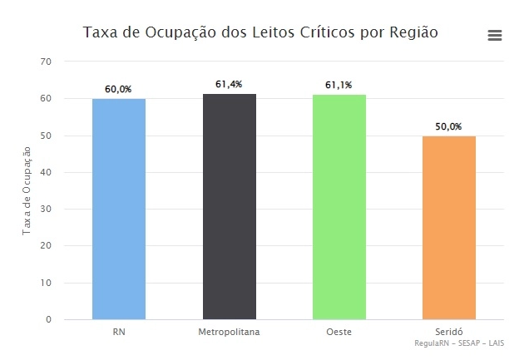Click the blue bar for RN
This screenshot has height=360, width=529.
(119, 209)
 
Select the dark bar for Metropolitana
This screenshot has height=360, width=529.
(230, 206)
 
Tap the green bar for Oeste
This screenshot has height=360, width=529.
(339, 207)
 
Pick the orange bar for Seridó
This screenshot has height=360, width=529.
(449, 227)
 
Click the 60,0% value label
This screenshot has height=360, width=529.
(119, 89)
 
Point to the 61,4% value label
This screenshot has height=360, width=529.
(230, 84)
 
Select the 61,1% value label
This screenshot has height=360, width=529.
(339, 85)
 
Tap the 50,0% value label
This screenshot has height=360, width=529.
(449, 126)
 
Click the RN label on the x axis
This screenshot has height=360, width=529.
(119, 332)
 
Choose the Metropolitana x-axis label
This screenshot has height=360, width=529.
(230, 332)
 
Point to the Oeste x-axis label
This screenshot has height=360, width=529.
(339, 332)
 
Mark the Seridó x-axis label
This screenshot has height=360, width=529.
(449, 332)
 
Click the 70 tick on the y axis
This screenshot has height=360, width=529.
(46, 62)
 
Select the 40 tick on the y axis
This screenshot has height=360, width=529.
(46, 172)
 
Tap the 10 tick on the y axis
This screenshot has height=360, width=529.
(46, 283)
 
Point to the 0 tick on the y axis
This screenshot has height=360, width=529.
(48, 319)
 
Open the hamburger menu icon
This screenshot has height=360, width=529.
(495, 35)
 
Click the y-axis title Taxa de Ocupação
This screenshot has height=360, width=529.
(27, 190)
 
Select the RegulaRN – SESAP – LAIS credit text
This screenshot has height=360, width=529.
(459, 343)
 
